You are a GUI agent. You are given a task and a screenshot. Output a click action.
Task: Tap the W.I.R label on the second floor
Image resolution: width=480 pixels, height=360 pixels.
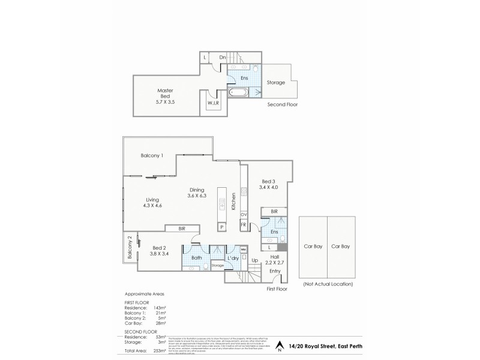click(214, 103)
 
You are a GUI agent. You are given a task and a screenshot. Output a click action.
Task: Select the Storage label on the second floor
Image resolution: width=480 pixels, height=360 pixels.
click(275, 82)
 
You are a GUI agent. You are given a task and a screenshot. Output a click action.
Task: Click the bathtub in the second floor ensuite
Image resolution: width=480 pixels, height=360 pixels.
click(239, 93)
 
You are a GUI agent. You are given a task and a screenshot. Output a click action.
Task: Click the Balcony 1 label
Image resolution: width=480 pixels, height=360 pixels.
click(152, 155)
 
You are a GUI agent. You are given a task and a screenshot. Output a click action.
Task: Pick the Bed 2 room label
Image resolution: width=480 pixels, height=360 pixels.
click(159, 250)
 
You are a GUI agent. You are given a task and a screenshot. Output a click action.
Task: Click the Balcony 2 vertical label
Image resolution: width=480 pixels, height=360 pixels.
click(129, 247)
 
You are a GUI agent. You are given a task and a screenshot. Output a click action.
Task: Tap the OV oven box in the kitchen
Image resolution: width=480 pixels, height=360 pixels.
click(244, 214)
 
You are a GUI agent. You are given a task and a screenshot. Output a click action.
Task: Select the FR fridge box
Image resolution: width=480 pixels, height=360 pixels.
click(244, 224)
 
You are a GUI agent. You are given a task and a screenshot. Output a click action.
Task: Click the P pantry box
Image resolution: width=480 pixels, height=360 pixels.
click(221, 227)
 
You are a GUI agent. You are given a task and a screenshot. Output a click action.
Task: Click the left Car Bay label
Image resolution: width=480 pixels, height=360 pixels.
click(313, 246)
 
